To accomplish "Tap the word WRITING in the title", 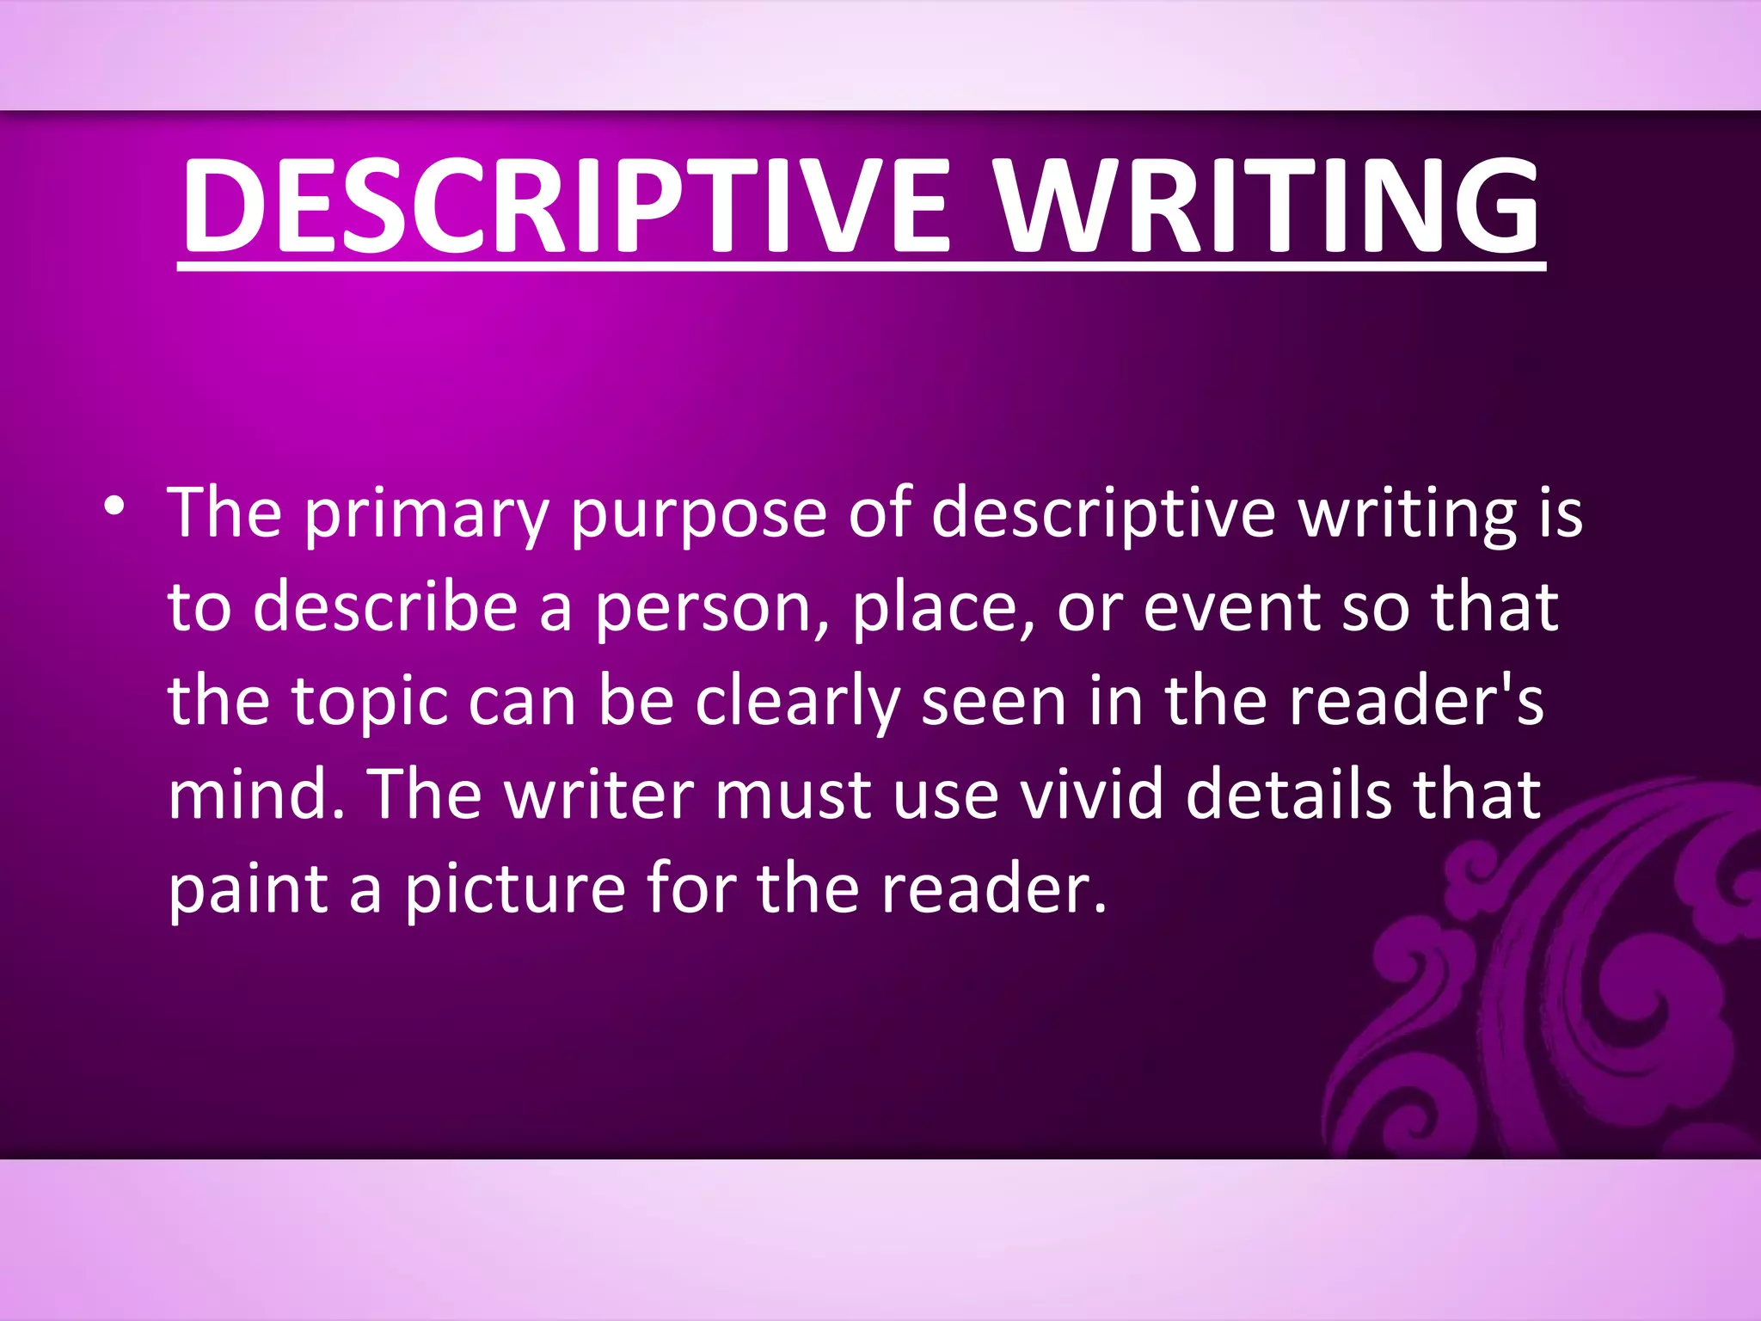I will tap(1267, 206).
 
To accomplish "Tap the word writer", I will tap(599, 795).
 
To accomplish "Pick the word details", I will tap(1288, 795).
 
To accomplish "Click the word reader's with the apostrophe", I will tap(1416, 702).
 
